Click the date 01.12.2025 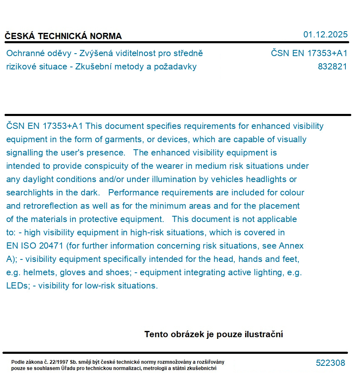(x=325, y=35)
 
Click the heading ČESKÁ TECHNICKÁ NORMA (x=63, y=36)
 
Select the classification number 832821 (x=332, y=67)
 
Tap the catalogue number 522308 (x=330, y=363)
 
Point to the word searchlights (x=30, y=192)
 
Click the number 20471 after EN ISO (x=52, y=246)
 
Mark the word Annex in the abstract (x=292, y=246)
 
